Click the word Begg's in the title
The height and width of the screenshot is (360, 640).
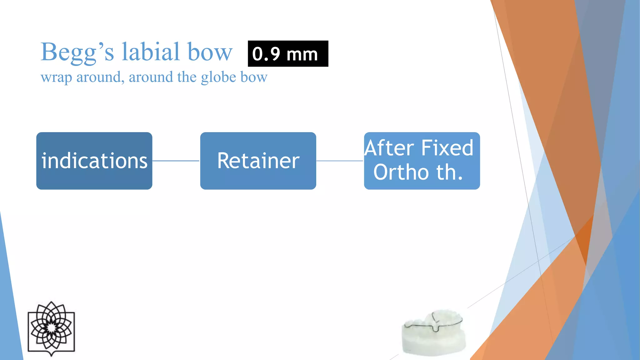77,52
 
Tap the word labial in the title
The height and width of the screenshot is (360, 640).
151,52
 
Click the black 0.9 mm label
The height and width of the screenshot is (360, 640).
288,54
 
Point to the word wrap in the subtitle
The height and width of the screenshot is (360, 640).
56,77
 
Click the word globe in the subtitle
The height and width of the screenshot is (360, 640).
218,77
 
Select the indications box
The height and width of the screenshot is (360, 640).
94,161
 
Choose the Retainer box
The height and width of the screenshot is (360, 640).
258,161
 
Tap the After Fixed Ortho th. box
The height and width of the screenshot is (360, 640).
422,161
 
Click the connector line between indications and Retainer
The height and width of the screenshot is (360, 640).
176,161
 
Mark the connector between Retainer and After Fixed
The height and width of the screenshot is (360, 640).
340,161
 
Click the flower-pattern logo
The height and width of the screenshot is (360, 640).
51,328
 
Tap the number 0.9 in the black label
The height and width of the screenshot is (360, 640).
266,54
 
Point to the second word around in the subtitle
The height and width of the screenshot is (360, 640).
151,77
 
